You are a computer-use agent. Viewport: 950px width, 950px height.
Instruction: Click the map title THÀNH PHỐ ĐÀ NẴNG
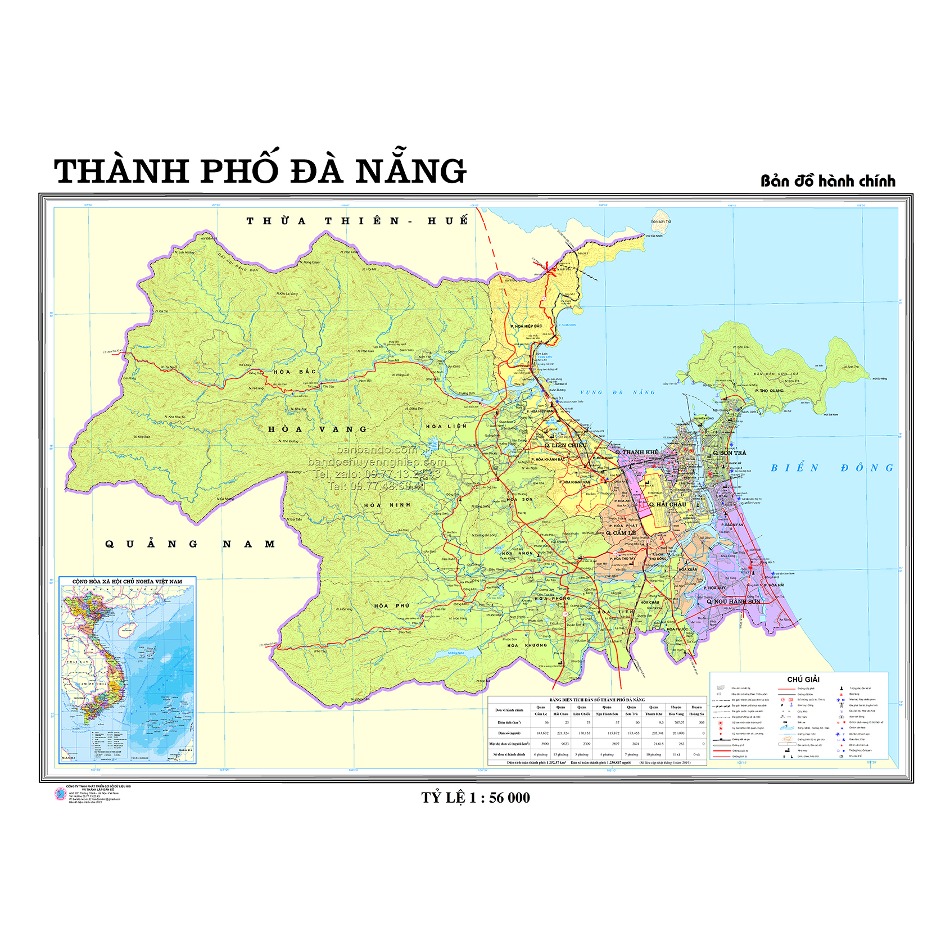pos(260,171)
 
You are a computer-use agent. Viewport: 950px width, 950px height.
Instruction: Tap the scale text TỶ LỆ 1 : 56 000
pos(476,798)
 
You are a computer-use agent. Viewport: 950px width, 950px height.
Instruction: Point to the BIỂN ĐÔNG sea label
pos(831,468)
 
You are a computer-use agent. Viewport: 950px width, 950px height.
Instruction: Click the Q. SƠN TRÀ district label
pos(730,453)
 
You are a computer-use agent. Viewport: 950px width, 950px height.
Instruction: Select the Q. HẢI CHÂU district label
pos(668,504)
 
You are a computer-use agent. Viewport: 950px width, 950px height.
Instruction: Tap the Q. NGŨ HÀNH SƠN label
pos(734,601)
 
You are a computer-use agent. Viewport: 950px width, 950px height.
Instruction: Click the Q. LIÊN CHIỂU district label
pos(565,445)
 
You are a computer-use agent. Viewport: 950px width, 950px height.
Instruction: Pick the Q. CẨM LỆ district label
pos(621,533)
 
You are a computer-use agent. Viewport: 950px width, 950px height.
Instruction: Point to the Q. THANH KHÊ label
pos(637,452)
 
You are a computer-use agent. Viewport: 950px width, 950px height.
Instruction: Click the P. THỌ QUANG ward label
pos(769,391)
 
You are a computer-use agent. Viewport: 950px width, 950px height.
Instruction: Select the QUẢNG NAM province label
pos(190,544)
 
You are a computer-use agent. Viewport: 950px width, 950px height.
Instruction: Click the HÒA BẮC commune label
pos(295,372)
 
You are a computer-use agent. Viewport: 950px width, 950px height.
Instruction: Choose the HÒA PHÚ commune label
pos(392,605)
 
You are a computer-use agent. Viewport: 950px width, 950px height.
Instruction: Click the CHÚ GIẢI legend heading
pos(803,679)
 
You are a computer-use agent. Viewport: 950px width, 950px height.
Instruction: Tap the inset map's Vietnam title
pos(127,581)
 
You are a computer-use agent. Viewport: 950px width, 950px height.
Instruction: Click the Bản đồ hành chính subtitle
pos(827,181)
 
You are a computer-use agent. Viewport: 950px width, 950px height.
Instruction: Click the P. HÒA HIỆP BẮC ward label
pos(526,326)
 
